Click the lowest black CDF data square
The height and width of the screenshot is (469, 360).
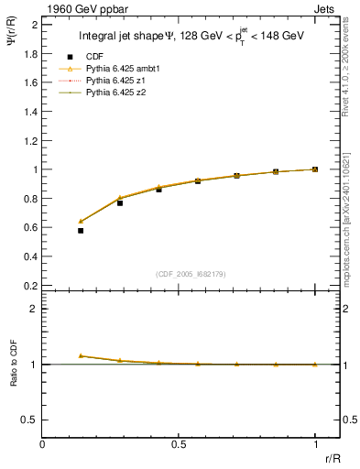pyautogui.click(x=81, y=231)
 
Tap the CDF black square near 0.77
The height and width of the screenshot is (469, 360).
pyautogui.click(x=120, y=203)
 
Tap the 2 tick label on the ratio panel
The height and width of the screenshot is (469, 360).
pyautogui.click(x=34, y=309)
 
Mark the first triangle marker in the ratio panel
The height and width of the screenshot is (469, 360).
pyautogui.click(x=81, y=355)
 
